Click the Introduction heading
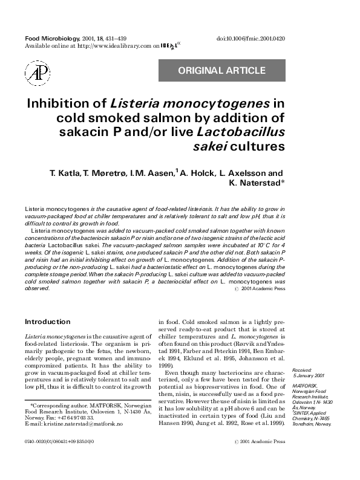point(47,322)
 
